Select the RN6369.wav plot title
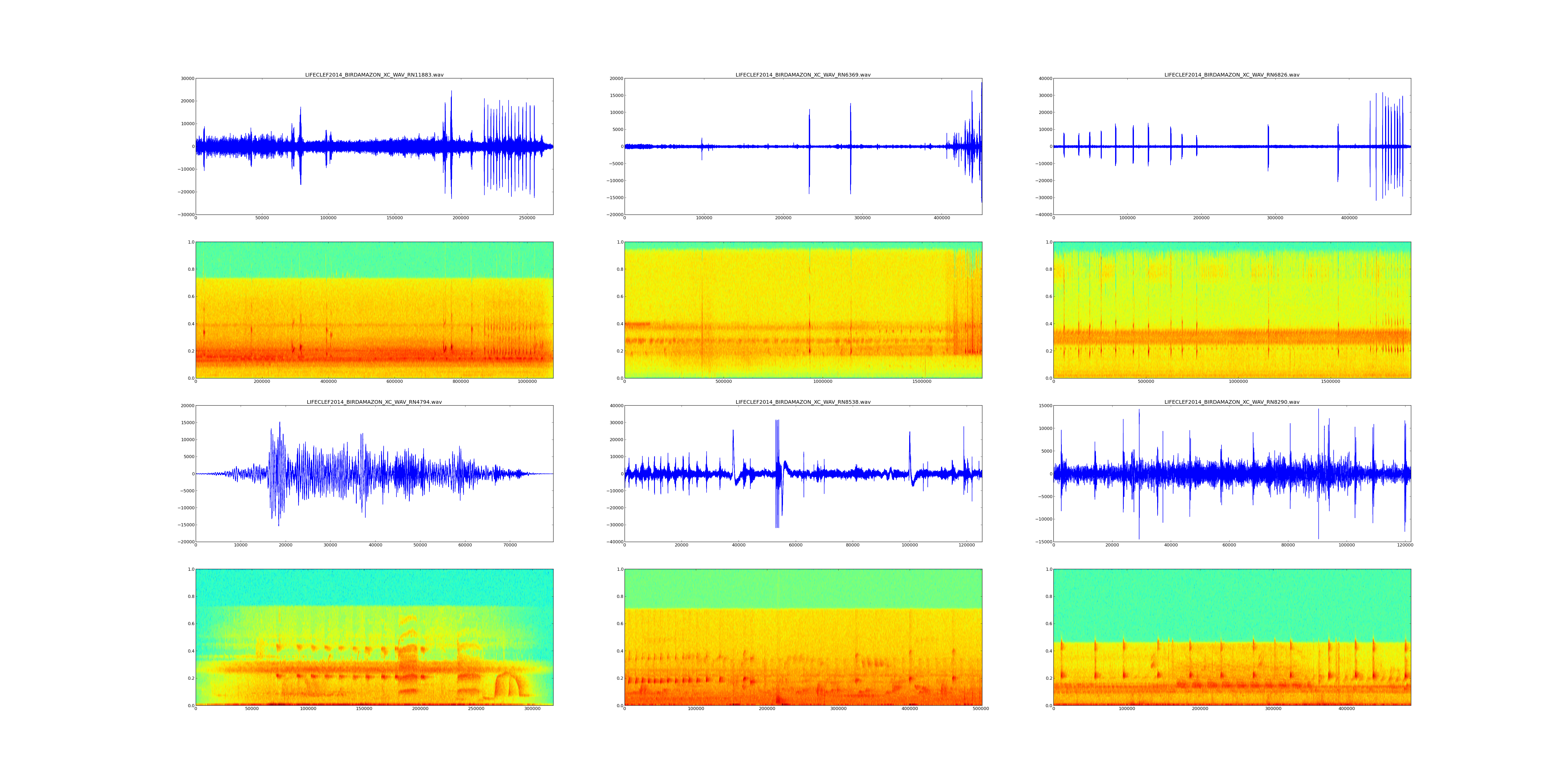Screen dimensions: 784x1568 pyautogui.click(x=803, y=75)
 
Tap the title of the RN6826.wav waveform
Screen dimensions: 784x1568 pyautogui.click(x=1232, y=75)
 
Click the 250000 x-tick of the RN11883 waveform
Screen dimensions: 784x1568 pyautogui.click(x=527, y=218)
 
